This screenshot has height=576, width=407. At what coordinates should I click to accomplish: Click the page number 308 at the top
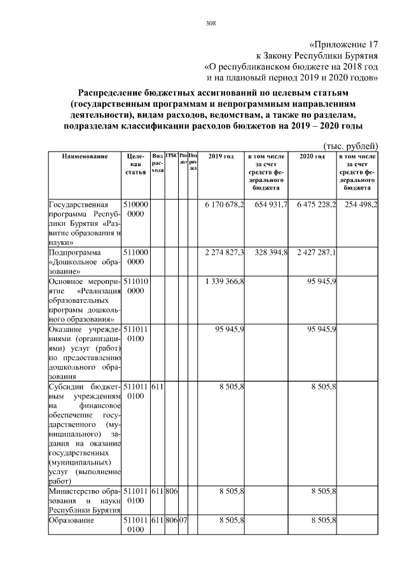210,24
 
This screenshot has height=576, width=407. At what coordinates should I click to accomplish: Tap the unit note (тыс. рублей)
351,144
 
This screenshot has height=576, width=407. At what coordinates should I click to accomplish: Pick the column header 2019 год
221,157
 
